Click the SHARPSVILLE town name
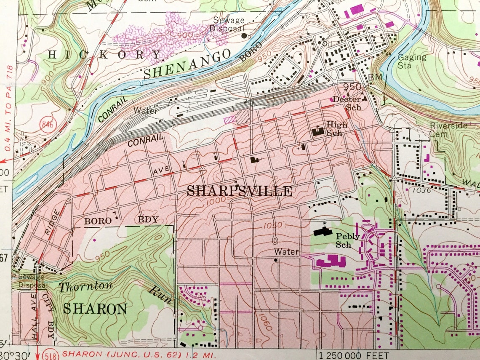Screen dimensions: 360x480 (239, 191)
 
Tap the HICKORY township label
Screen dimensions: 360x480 (105, 54)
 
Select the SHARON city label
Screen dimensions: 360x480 (95, 309)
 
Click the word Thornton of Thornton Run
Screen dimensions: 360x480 (85, 287)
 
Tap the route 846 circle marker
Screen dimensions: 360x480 (48, 124)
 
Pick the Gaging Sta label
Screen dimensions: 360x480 (412, 61)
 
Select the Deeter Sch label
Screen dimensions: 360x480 (347, 103)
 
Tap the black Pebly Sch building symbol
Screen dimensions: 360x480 (323, 232)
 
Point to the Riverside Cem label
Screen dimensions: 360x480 (448, 130)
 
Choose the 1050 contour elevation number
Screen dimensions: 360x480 (272, 225)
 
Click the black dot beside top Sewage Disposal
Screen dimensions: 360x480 (244, 36)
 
